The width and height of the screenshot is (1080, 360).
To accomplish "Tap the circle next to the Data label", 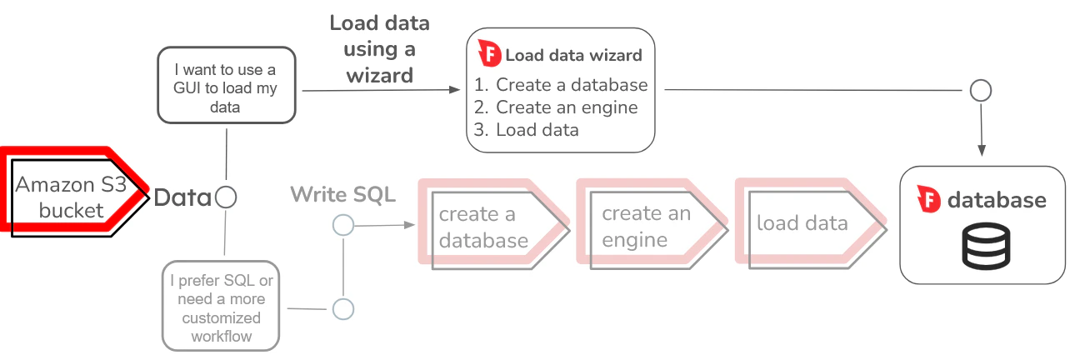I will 226,197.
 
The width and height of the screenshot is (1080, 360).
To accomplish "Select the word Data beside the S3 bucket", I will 182,197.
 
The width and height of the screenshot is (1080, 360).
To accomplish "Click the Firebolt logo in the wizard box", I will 488,55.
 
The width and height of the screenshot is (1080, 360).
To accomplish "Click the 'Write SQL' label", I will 342,195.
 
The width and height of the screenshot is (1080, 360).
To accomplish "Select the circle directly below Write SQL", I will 342,224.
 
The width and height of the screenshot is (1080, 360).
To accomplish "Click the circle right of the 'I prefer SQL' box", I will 342,309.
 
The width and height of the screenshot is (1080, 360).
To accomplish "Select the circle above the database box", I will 982,90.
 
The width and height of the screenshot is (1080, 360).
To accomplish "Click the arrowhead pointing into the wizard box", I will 456,89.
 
